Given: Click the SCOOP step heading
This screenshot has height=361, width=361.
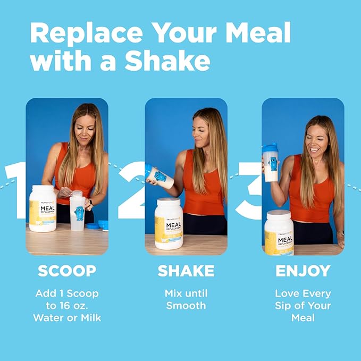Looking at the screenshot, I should pos(66,271).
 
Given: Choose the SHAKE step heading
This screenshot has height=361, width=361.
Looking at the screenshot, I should pos(186,271).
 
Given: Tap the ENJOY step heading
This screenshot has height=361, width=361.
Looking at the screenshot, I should pos(303,271).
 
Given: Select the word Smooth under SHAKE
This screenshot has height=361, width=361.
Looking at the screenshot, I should pos(186,306).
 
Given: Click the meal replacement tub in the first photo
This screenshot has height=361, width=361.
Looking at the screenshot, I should pos(43,208).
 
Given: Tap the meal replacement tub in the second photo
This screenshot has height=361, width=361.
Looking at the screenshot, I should pos(169,223).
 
